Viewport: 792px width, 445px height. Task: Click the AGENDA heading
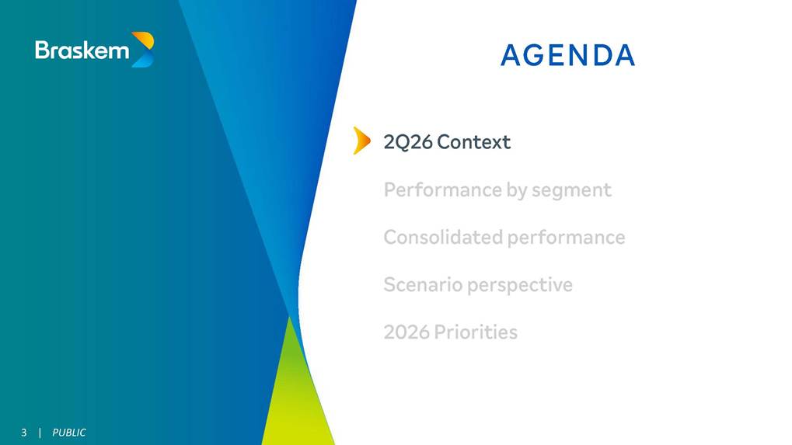click(567, 55)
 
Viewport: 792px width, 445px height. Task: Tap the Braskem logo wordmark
click(82, 50)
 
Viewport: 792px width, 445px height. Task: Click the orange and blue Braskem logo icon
click(143, 50)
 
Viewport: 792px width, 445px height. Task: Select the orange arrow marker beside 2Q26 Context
click(361, 141)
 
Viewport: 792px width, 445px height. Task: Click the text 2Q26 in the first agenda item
click(408, 142)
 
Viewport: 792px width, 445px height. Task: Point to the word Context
click(474, 142)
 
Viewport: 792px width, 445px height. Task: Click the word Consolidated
click(443, 237)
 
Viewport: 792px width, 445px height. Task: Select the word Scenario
click(424, 284)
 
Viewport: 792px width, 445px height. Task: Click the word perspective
click(520, 286)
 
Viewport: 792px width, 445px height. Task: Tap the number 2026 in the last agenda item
click(406, 332)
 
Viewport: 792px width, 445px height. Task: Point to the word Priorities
click(476, 332)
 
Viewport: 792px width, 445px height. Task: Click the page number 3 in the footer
click(24, 433)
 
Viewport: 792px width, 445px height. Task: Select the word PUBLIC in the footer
click(69, 433)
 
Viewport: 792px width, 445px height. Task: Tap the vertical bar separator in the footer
click(40, 433)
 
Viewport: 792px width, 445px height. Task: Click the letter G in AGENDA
click(532, 55)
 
